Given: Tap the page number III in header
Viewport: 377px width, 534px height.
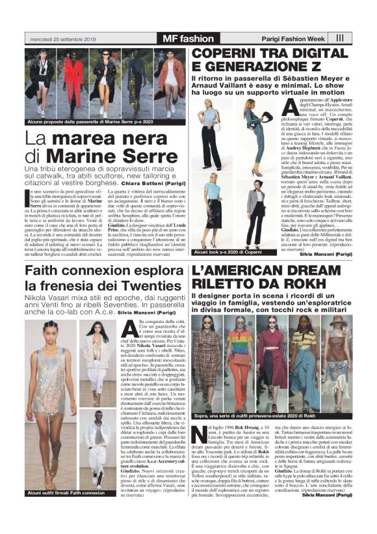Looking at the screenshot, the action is tap(341, 38).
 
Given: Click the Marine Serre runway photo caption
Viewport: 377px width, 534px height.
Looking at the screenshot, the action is tap(94, 121).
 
